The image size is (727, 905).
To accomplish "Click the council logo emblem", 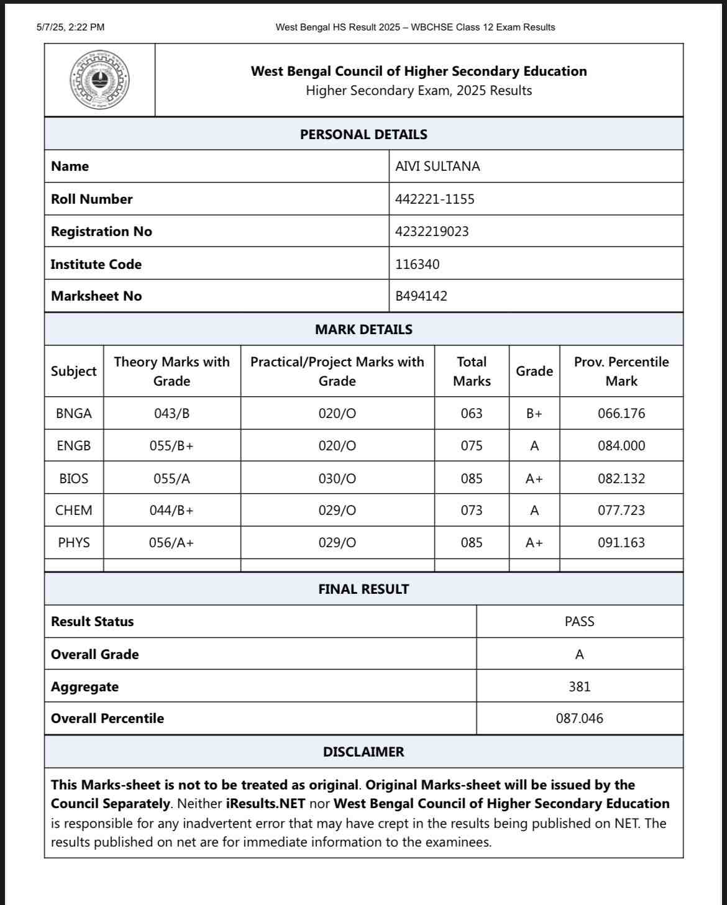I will [x=99, y=80].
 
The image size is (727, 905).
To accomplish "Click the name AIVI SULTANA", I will [x=437, y=166].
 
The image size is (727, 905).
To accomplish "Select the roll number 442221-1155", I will [x=434, y=199].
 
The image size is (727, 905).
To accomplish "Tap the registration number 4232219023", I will [x=432, y=232].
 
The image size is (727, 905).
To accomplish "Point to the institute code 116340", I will [x=417, y=265].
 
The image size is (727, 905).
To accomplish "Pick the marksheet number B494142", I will [x=421, y=296].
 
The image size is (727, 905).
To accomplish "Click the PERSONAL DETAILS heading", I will [x=363, y=134].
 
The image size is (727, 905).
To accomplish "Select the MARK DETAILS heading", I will [x=363, y=329].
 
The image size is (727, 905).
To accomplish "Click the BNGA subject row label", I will [x=73, y=414].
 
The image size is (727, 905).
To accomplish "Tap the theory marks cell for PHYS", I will [x=171, y=543].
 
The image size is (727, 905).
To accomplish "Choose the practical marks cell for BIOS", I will [x=337, y=479].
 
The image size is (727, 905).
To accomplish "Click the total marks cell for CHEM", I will [x=472, y=511].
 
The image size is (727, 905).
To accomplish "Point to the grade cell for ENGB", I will [x=534, y=446].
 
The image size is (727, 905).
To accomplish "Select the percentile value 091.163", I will [x=621, y=543].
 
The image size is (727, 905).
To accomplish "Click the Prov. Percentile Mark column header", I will [x=621, y=371].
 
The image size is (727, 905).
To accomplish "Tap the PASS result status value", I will [x=579, y=622].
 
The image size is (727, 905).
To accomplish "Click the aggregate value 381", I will [x=579, y=687].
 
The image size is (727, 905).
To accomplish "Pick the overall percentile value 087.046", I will [x=579, y=719].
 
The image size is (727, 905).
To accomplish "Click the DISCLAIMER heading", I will [x=363, y=752].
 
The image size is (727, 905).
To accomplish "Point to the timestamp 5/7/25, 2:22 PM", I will [x=70, y=27].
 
